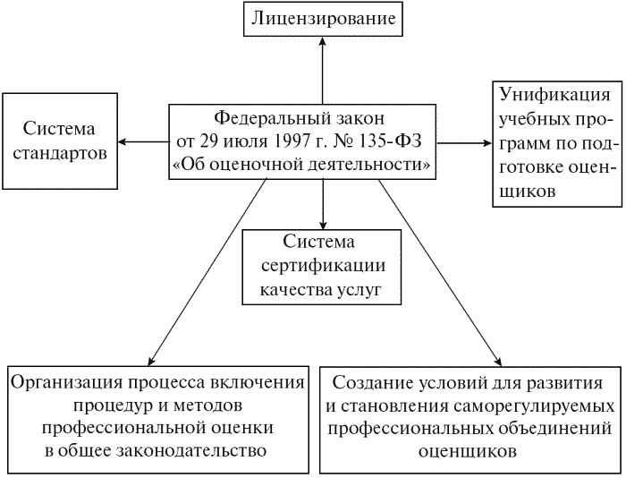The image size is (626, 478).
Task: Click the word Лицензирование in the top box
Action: [x=323, y=19]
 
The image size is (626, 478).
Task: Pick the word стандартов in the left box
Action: [x=60, y=154]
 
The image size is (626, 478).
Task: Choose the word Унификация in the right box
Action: [x=555, y=96]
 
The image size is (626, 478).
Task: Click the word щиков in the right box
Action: [x=529, y=192]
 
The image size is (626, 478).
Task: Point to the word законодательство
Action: [x=191, y=451]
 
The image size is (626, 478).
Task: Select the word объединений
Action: [x=555, y=429]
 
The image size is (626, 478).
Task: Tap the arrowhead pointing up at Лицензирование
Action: [x=323, y=41]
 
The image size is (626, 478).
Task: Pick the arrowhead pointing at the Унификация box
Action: [x=487, y=143]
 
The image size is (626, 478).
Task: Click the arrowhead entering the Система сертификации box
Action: [x=323, y=225]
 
